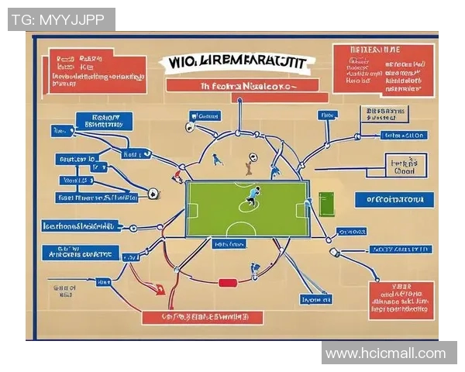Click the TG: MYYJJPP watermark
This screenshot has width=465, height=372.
click(x=61, y=19)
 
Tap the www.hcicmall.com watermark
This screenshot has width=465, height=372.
click(x=385, y=353)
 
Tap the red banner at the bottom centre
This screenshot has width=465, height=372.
click(x=202, y=317)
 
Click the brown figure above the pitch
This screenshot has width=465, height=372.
click(x=248, y=164)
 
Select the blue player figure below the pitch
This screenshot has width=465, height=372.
click(x=254, y=270)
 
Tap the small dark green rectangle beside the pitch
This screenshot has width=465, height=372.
click(x=325, y=205)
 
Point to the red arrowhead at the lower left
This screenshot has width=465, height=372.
click(x=160, y=291)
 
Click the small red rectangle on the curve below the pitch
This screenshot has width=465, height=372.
click(x=226, y=283)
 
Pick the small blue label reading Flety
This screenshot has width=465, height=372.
click(x=328, y=115)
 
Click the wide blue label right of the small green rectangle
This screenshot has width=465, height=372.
click(x=390, y=199)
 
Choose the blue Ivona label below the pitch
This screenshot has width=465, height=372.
click(x=314, y=299)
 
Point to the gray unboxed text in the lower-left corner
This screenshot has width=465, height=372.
click(x=64, y=291)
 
